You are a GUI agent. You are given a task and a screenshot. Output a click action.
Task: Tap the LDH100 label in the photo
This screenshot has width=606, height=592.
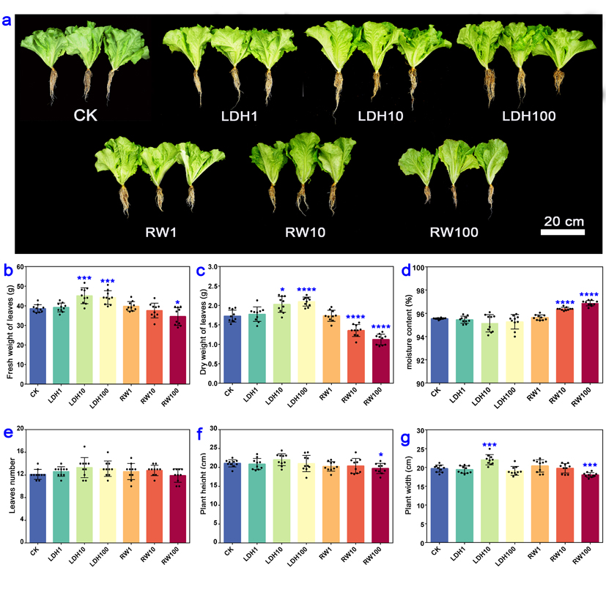coord(528,116)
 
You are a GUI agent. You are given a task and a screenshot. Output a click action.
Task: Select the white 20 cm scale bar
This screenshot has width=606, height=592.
coord(563,233)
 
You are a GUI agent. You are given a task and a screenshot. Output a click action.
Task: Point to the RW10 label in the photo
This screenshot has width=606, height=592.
coord(306,233)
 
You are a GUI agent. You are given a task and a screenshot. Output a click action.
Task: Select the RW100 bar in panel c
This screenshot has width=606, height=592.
coord(380,361)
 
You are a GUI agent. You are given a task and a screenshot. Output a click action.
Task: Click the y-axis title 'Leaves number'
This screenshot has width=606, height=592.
coord(10,484)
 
